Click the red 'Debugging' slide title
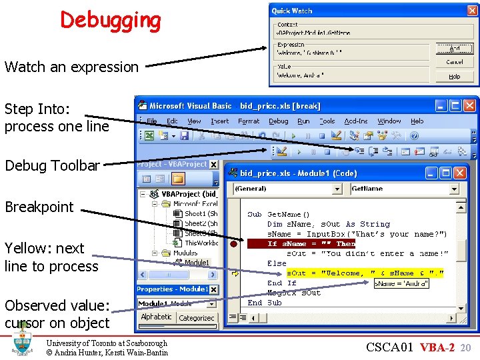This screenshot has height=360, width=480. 111,20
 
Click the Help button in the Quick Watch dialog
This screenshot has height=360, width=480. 454,76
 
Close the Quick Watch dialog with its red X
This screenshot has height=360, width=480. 471,10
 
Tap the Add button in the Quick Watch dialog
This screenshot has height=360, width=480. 454,48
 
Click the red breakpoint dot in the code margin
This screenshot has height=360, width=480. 234,244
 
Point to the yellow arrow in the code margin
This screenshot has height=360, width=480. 235,273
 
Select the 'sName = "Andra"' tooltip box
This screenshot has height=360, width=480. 400,283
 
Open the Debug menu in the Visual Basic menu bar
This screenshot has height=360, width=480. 278,121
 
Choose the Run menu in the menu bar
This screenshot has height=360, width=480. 303,121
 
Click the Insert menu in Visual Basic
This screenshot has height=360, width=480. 219,121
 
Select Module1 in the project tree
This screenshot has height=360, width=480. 196,263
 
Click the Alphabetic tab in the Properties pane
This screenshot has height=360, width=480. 156,317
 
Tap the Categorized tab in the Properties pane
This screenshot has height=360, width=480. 197,318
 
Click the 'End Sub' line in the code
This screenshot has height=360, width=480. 265,303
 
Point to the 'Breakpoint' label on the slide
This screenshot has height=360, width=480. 39,207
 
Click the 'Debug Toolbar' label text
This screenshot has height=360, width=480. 52,165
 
